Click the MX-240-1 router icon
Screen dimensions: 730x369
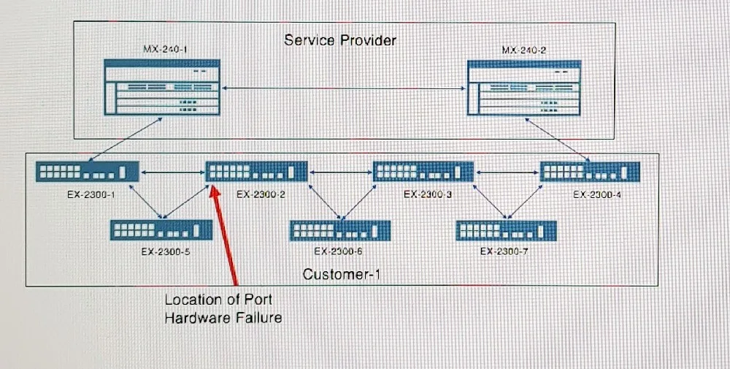(162, 87)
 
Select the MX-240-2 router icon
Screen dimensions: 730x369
(524, 88)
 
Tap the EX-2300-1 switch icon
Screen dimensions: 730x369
(88, 172)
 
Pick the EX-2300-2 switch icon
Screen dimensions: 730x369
(256, 172)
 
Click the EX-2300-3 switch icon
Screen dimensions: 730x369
(423, 172)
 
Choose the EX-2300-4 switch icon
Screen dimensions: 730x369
(590, 172)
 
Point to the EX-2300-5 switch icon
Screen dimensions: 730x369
(161, 229)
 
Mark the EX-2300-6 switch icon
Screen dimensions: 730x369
(340, 231)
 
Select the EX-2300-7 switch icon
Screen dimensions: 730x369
(507, 231)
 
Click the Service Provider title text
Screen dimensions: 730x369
(340, 40)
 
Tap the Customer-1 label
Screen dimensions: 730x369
(341, 275)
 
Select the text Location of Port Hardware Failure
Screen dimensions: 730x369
(223, 308)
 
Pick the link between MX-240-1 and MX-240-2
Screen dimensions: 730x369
(344, 88)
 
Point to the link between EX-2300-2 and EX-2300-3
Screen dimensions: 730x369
(340, 172)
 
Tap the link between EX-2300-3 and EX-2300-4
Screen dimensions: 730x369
(507, 172)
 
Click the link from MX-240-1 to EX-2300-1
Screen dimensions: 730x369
(124, 140)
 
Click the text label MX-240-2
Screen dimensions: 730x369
(523, 50)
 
